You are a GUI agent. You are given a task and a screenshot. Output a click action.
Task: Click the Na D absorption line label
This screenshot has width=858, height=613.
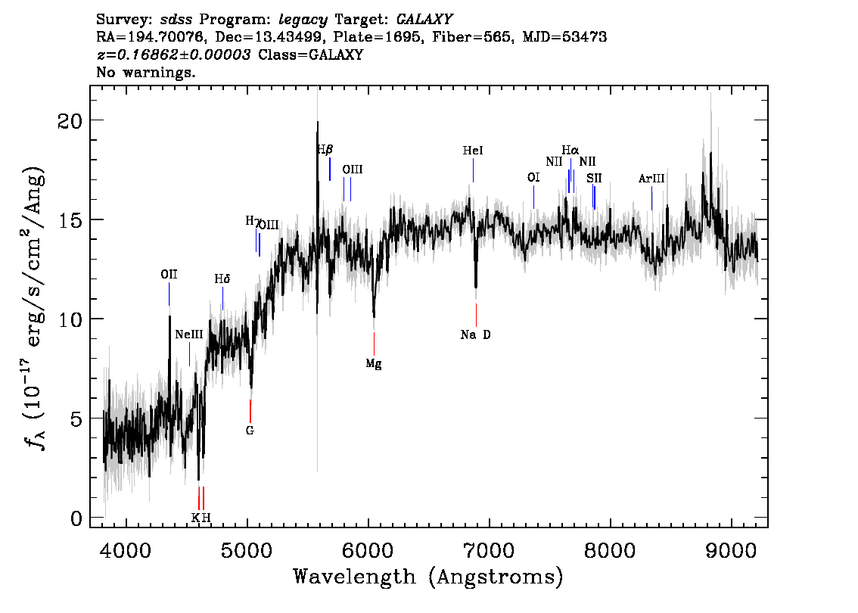tap(475, 335)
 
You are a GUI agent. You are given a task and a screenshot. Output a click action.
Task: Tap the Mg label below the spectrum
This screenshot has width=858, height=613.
tap(374, 364)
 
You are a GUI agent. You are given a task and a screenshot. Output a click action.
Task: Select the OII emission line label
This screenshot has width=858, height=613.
tap(169, 274)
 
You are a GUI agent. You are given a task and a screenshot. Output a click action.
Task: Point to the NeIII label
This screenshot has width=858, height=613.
tap(189, 335)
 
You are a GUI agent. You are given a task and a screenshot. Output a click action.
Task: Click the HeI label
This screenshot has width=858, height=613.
tap(473, 151)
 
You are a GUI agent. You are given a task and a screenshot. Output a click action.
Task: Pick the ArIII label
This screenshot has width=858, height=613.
tap(651, 179)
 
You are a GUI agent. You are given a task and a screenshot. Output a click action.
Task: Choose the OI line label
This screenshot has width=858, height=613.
tap(533, 177)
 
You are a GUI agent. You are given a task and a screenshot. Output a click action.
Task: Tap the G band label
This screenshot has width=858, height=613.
tap(250, 431)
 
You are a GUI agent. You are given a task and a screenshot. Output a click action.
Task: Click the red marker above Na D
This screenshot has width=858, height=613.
tap(476, 315)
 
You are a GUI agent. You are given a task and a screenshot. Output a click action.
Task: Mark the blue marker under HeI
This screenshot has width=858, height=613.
tap(474, 170)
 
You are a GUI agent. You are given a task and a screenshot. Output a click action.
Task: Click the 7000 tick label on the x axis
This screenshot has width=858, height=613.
tap(489, 550)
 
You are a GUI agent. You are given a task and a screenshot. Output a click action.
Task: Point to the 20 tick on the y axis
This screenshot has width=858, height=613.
tap(70, 121)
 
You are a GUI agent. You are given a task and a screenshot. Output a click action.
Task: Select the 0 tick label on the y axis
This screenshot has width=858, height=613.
tap(76, 518)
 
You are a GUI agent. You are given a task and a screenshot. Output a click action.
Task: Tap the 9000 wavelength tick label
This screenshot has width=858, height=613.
tap(730, 550)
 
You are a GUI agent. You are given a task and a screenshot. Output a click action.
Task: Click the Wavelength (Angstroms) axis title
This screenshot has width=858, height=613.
tap(428, 577)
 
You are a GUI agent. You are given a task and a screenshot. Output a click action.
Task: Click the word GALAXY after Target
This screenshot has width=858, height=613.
tap(424, 20)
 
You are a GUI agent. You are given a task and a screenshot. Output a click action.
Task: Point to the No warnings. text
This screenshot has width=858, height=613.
tap(145, 72)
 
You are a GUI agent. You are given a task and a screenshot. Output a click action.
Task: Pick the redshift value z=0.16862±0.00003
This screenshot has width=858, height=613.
tap(174, 54)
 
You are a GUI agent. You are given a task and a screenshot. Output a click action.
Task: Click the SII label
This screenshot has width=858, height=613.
tap(594, 178)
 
